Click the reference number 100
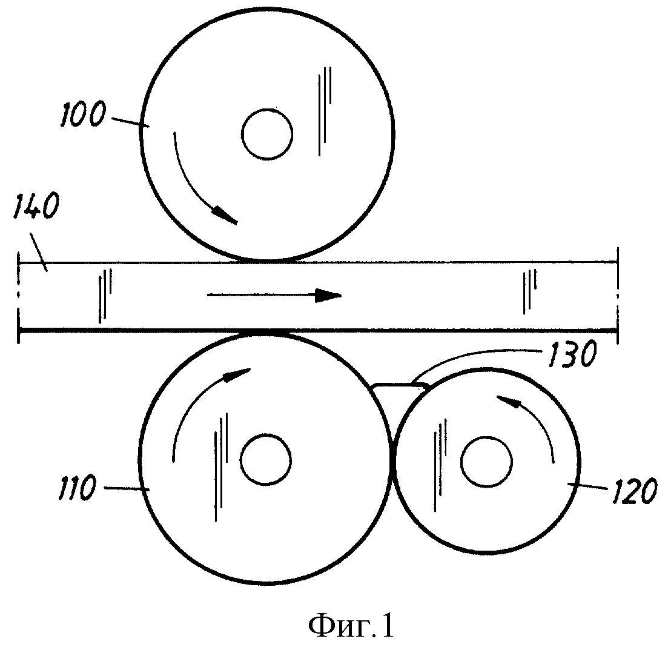point(82,113)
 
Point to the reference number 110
point(77,488)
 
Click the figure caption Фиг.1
point(351,626)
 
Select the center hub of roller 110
point(266,460)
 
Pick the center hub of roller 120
point(486,462)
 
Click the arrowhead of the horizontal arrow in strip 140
point(328,295)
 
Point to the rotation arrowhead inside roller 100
point(225,215)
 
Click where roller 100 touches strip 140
point(266,260)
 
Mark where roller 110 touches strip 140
point(266,331)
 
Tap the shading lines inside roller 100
point(325,111)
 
